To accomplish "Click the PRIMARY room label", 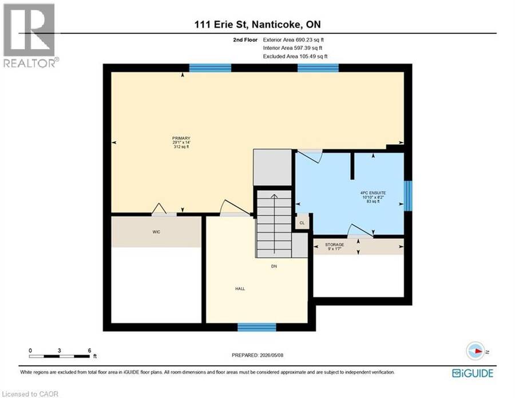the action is coord(181,139).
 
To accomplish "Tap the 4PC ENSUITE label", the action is coord(373,193).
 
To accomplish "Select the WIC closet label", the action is coord(156,232).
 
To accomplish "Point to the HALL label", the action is coord(240,289).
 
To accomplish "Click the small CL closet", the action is coord(302,223).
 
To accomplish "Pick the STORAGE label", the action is coord(335,245).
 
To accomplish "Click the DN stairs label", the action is coord(274,266).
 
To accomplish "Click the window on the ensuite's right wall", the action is coord(407,196).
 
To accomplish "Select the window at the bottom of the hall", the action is coord(257,327).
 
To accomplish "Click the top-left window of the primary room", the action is coord(210,68).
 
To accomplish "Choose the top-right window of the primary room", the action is coord(318,68).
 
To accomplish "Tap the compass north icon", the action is coord(476,351).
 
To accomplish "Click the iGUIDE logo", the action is coord(473,373).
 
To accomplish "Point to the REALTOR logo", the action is coord(30,36).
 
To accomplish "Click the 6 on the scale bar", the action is coord(89,350).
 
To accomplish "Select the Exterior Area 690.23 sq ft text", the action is coord(294,40).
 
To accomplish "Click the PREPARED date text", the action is coord(257,355).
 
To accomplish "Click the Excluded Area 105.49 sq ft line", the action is coord(295,56).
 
